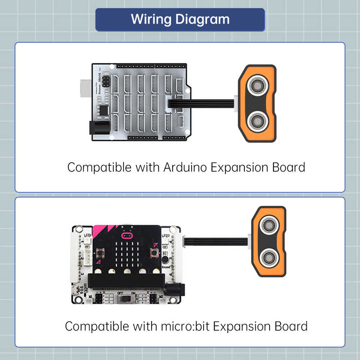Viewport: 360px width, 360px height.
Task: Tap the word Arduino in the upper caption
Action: click(185, 167)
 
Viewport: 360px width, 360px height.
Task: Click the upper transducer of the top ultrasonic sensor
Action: click(257, 85)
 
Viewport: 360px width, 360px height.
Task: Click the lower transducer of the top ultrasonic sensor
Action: click(257, 121)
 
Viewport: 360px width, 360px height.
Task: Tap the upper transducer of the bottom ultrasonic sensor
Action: click(269, 225)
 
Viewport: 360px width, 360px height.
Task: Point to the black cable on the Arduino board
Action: click(202, 103)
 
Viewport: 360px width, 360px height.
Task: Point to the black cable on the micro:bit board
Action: click(216, 241)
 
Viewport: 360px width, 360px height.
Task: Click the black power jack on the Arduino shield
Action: click(99, 128)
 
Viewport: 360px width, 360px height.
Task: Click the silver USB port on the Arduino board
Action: click(86, 88)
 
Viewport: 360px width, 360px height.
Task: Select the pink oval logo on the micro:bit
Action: click(127, 235)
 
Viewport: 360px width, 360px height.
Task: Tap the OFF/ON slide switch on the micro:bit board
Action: click(126, 299)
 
